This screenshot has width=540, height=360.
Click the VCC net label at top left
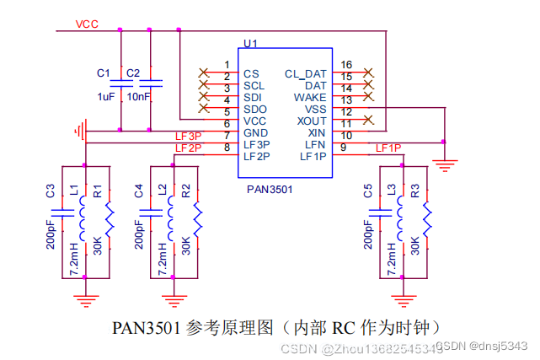click(87, 24)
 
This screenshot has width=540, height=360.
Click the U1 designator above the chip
click(249, 43)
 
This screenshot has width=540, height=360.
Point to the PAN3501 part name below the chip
click(270, 190)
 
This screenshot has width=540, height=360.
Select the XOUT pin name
click(309, 121)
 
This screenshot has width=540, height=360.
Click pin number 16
click(346, 65)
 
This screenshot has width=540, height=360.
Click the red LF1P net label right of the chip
click(388, 148)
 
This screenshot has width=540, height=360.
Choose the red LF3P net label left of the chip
click(188, 136)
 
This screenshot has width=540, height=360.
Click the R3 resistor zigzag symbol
click(426, 221)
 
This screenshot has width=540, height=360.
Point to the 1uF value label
click(105, 97)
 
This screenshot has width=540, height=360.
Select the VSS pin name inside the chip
click(315, 110)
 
